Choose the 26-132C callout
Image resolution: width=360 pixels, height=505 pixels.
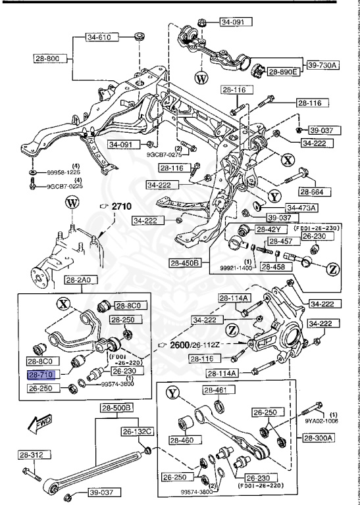136,431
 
